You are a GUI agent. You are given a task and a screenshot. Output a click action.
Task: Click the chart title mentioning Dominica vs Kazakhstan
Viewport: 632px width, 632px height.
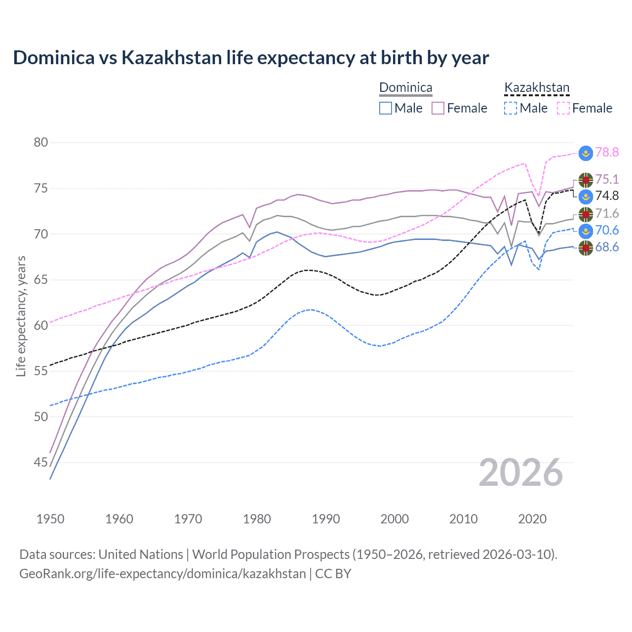point(251,58)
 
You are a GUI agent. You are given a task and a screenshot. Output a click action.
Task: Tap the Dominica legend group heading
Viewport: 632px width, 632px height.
point(405,88)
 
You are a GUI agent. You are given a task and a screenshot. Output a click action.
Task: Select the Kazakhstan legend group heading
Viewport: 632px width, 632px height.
point(537,88)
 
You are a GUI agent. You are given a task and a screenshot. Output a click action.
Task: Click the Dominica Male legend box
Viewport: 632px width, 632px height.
point(386,108)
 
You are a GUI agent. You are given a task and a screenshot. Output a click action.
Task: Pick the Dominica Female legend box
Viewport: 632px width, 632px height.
point(438,108)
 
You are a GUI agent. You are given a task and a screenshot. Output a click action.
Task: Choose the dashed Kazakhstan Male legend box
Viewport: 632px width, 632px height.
point(511,108)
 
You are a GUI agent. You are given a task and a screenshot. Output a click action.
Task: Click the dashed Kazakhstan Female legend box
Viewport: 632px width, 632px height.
point(563,108)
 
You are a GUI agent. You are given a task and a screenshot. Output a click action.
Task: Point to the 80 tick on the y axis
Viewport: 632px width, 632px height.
point(41,143)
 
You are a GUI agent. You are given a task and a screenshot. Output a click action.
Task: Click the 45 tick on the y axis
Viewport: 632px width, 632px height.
point(41,463)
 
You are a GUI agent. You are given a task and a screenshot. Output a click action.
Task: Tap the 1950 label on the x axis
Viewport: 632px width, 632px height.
point(50,519)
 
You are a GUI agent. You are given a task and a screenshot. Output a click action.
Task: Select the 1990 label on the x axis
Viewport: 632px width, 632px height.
point(326,519)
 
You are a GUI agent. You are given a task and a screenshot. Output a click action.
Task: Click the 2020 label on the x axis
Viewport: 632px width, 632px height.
point(532,519)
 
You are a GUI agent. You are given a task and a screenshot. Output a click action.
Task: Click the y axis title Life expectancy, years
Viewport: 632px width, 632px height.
point(21,316)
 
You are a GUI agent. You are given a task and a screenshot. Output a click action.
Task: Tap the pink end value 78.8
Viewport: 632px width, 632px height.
point(607,153)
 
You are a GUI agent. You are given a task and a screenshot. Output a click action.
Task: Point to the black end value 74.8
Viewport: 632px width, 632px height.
point(607,196)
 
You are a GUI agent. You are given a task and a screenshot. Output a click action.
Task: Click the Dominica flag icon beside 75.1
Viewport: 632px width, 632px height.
point(586,180)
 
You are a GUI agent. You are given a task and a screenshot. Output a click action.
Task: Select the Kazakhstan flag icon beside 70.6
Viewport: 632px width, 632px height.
point(586,231)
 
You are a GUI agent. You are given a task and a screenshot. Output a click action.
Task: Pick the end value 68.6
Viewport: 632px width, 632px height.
point(607,247)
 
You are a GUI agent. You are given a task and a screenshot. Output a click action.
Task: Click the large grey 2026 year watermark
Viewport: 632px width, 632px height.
point(521,473)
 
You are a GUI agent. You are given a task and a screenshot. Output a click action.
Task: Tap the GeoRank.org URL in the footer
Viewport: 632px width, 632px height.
point(162,574)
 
